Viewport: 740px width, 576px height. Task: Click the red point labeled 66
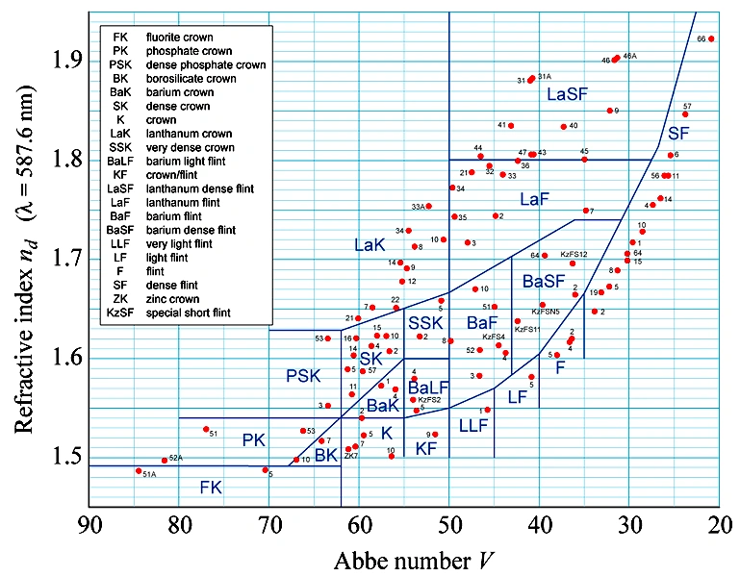711,39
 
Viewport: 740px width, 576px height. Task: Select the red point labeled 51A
139,471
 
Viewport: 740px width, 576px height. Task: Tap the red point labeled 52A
165,461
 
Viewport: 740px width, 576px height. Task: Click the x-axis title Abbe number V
403,558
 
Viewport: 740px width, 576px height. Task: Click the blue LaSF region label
567,94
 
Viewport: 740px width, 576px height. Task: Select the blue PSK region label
303,375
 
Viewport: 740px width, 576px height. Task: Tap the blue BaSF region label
544,282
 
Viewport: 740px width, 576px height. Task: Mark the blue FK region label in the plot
211,488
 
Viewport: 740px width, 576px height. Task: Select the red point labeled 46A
616,59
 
